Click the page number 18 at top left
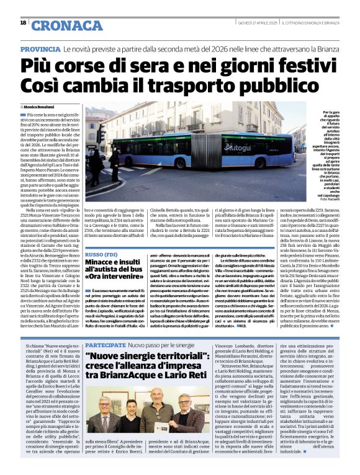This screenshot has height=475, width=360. (x=23, y=23)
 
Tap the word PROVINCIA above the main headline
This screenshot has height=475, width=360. (x=40, y=48)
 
